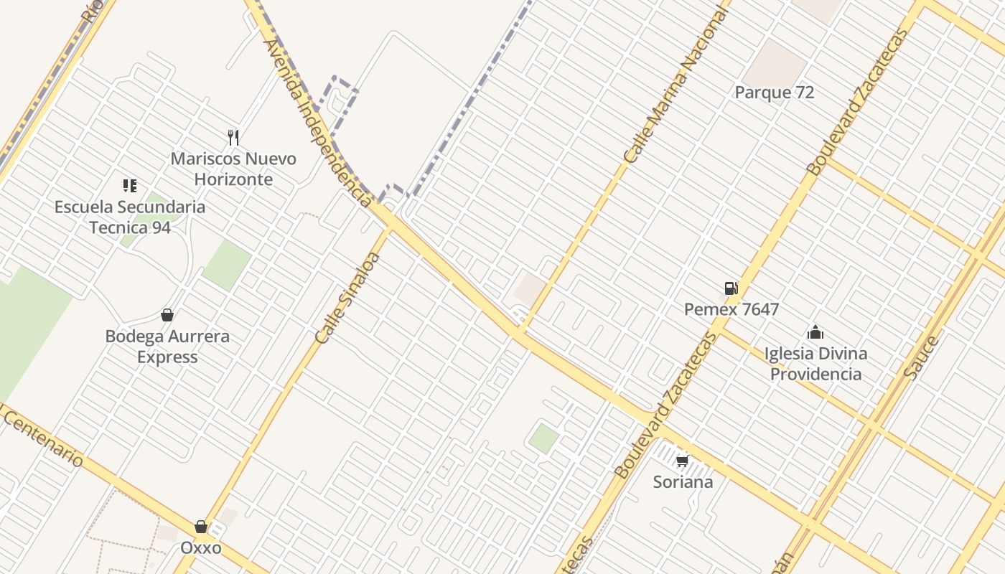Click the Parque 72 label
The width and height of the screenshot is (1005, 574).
click(774, 93)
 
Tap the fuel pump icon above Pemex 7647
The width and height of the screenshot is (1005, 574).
click(731, 288)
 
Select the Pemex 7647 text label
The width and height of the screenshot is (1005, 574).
click(731, 310)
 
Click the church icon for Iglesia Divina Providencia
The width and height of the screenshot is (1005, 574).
click(815, 332)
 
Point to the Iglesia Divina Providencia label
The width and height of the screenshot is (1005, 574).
click(815, 364)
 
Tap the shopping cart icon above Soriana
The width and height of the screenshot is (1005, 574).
click(682, 460)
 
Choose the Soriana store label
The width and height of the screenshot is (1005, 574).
click(683, 481)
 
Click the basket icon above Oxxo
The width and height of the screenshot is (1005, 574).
click(201, 527)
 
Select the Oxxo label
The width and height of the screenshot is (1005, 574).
click(200, 548)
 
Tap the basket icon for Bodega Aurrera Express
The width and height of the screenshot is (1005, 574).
click(167, 315)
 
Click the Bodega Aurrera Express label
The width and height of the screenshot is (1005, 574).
click(167, 347)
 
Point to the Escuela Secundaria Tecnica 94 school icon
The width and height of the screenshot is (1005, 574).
click(129, 186)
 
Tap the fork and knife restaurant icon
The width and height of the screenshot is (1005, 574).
click(233, 137)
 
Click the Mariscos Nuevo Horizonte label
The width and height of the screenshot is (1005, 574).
click(233, 169)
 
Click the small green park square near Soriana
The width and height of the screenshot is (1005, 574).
click(543, 438)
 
